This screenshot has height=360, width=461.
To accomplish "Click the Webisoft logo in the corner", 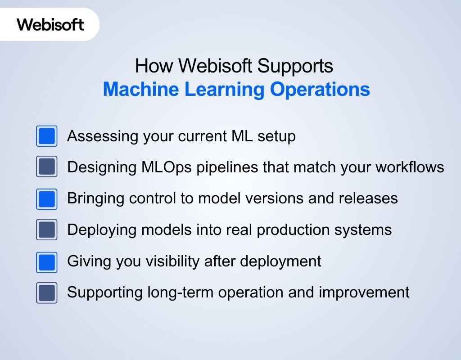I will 50,24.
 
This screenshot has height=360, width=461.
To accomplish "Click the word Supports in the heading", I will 295,66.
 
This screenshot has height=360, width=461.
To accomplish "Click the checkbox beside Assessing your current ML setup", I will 46,136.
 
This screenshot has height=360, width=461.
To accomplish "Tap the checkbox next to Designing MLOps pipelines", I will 46,167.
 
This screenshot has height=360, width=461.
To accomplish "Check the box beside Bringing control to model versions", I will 46,199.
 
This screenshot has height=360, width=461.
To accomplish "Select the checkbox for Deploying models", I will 46,230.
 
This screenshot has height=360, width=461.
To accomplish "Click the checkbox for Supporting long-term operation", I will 46,293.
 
